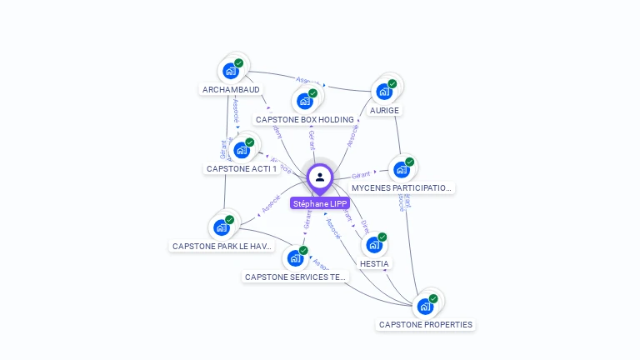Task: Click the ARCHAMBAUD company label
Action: point(231,89)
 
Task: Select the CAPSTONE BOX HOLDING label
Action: point(304,119)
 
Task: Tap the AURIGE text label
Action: point(384,110)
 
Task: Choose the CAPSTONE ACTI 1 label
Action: point(242,168)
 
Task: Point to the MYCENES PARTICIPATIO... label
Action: point(402,187)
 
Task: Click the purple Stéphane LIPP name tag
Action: point(320,203)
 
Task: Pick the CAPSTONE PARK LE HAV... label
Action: point(222,246)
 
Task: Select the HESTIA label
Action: point(374,263)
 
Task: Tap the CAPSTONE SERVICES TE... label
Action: point(295,277)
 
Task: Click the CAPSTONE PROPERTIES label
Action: point(425,324)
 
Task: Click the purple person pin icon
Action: point(320,177)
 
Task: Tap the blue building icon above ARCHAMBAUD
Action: point(231,71)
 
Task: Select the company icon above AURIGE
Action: point(384,92)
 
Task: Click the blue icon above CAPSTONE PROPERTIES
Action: point(425,306)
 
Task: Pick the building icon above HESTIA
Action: point(373,245)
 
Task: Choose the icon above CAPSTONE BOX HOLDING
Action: point(304,101)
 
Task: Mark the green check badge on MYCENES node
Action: point(409,162)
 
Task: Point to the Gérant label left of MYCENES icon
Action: point(361,176)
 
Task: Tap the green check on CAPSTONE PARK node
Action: point(229,220)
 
